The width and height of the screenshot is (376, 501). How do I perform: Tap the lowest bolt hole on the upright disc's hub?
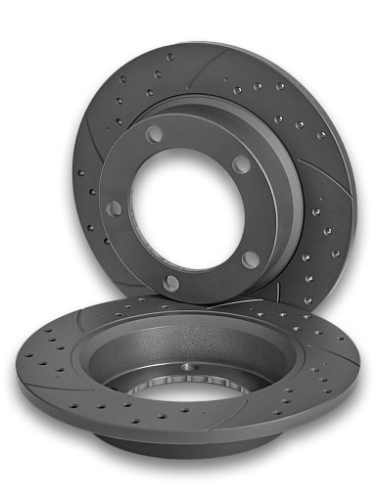pyautogui.click(x=172, y=283)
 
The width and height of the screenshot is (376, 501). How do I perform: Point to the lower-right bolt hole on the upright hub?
pyautogui.click(x=251, y=258)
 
